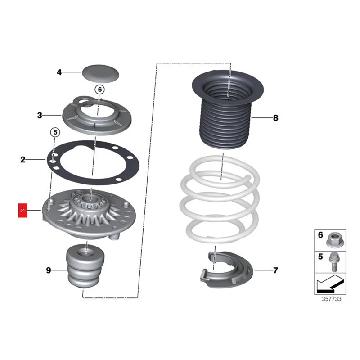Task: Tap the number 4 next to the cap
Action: pos(59,72)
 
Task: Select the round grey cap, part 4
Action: pos(99,72)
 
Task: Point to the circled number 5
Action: pos(54,132)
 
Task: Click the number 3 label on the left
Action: pos(40,116)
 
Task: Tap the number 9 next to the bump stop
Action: pos(49,270)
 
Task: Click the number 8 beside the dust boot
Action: pos(275,118)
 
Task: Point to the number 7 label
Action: pos(275,270)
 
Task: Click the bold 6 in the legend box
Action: pos(320,235)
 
